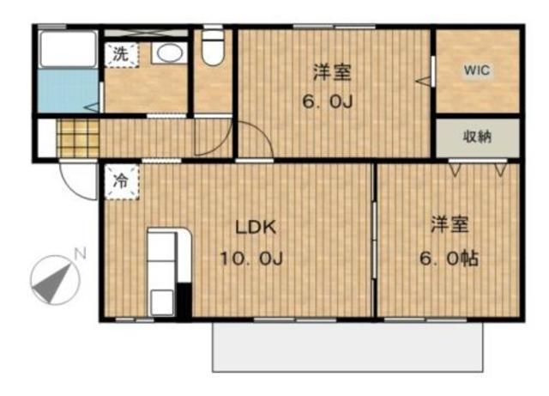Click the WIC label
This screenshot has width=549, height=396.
pos(478,71)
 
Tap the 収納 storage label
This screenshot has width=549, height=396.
pos(478,137)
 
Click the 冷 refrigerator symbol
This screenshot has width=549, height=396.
pos(121,181)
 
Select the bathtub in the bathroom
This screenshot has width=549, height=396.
pos(69,52)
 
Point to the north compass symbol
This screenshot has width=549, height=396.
pos(52,279)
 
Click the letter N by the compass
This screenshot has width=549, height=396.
pos(79,254)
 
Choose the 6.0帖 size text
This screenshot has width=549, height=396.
pos(449,258)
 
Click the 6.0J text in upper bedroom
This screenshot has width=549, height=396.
pos(328,101)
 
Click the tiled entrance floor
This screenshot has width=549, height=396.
pos(78,137)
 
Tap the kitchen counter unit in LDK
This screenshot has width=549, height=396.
pos(163,271)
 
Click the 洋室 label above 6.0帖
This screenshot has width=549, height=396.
pos(449,226)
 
